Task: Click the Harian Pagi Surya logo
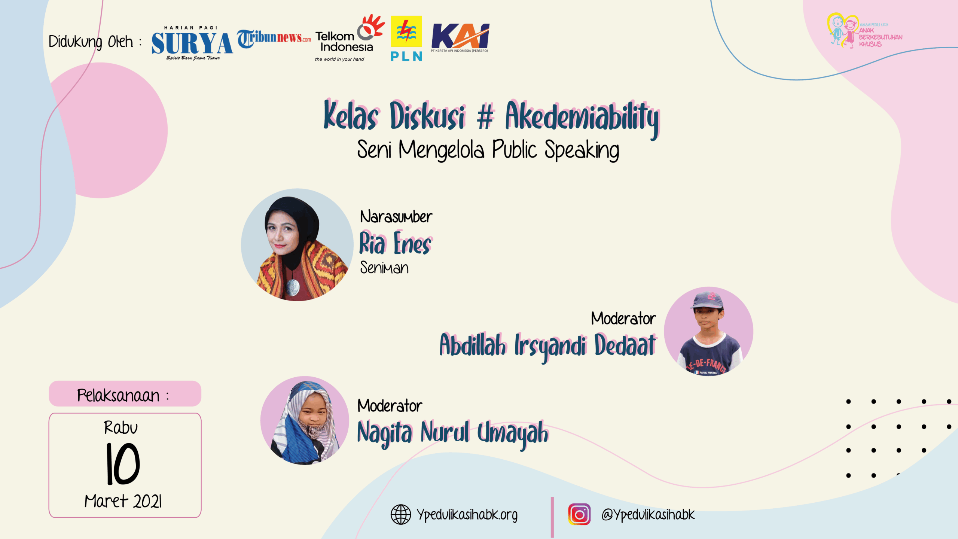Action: pyautogui.click(x=192, y=43)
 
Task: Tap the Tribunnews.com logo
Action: pyautogui.click(x=274, y=38)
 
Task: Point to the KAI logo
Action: pyautogui.click(x=460, y=38)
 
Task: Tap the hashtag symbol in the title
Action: pyautogui.click(x=485, y=117)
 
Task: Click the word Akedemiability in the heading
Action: pyautogui.click(x=582, y=118)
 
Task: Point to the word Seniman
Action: pyautogui.click(x=384, y=268)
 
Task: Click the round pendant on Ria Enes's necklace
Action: pyautogui.click(x=293, y=287)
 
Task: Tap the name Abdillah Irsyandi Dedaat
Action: pyautogui.click(x=548, y=345)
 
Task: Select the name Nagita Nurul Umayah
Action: pyautogui.click(x=453, y=433)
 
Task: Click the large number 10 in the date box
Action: pyautogui.click(x=123, y=464)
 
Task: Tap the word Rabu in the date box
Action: pyautogui.click(x=121, y=427)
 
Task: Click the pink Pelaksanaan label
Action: pyautogui.click(x=125, y=394)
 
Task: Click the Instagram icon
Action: pyautogui.click(x=579, y=514)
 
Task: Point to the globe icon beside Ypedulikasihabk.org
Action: pyautogui.click(x=401, y=514)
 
